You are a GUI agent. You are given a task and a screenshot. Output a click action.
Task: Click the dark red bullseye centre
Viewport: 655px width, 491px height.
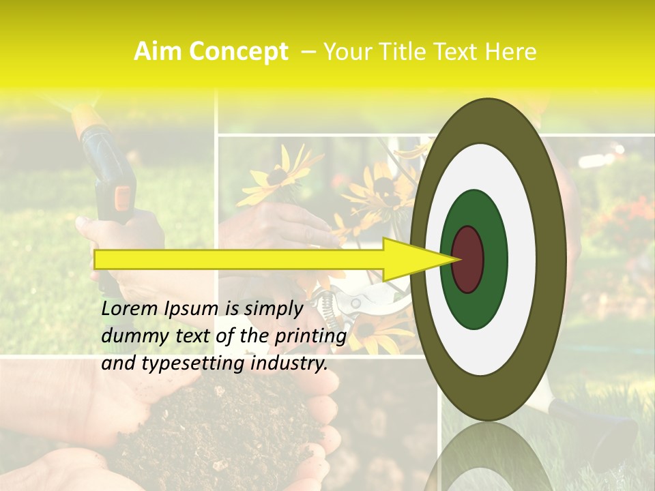point(468,260)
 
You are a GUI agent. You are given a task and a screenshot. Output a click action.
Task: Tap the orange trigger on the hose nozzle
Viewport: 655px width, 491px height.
point(123,197)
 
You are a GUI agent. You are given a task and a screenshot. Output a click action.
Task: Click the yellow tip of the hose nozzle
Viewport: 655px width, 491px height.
point(89,119)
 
